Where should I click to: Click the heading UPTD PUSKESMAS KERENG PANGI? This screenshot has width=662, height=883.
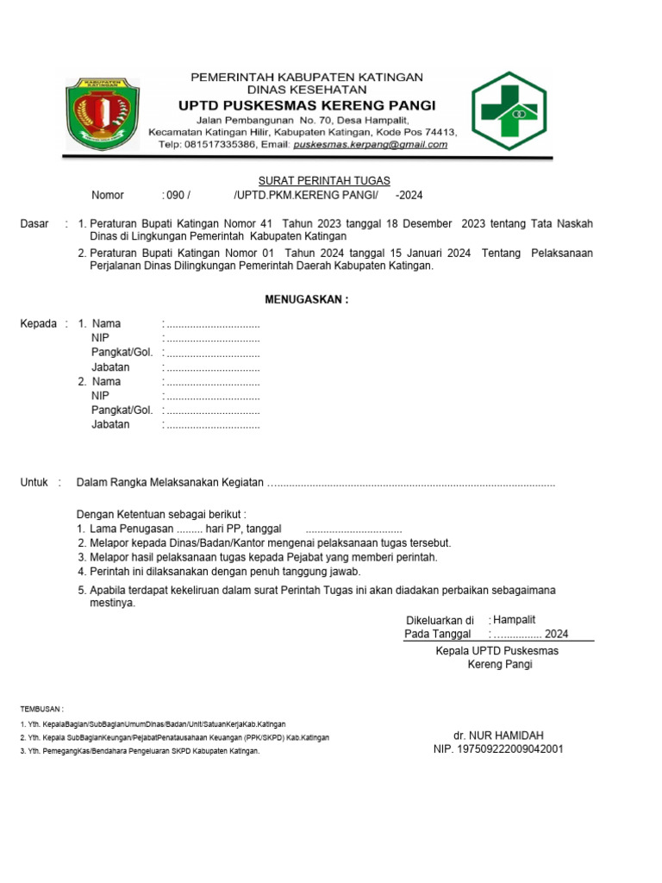pyautogui.click(x=306, y=105)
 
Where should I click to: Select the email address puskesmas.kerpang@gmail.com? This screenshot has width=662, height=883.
pyautogui.click(x=370, y=145)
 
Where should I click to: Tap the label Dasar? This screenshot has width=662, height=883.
pyautogui.click(x=34, y=224)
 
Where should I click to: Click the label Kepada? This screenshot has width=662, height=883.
pyautogui.click(x=38, y=324)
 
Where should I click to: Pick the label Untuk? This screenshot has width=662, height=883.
pyautogui.click(x=34, y=483)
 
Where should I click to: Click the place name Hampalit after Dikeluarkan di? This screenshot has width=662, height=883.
pyautogui.click(x=515, y=620)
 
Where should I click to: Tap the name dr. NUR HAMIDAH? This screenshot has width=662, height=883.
pyautogui.click(x=498, y=736)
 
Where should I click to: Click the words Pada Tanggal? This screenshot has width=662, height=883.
pyautogui.click(x=438, y=634)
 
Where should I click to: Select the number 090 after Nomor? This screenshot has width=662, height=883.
pyautogui.click(x=172, y=196)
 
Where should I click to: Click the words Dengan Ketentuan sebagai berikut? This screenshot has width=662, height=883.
pyautogui.click(x=161, y=514)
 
